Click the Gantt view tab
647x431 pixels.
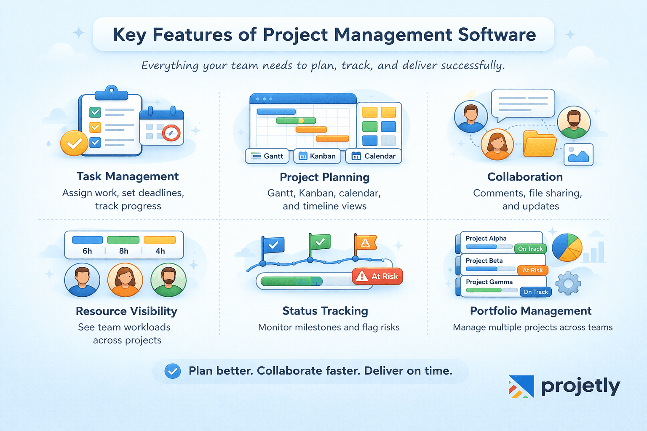(x=267, y=156)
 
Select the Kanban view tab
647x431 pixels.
(x=317, y=156)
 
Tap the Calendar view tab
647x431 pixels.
(x=374, y=156)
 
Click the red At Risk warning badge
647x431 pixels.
(x=377, y=277)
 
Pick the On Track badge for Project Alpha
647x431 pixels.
(x=530, y=249)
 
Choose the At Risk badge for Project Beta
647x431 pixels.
(x=532, y=270)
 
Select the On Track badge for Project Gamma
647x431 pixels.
(x=535, y=292)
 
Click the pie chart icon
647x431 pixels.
(x=567, y=247)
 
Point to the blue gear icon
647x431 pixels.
(x=568, y=283)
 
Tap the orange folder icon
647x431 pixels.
(x=540, y=144)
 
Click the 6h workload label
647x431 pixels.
(x=87, y=251)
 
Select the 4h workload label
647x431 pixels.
(x=160, y=251)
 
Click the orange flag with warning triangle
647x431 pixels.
(x=365, y=242)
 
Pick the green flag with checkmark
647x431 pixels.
(x=320, y=242)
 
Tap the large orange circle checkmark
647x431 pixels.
(x=74, y=144)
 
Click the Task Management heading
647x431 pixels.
(x=128, y=176)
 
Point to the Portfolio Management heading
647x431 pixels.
(x=531, y=311)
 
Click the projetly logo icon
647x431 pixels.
(x=521, y=386)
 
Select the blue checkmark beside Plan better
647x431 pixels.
(x=172, y=371)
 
